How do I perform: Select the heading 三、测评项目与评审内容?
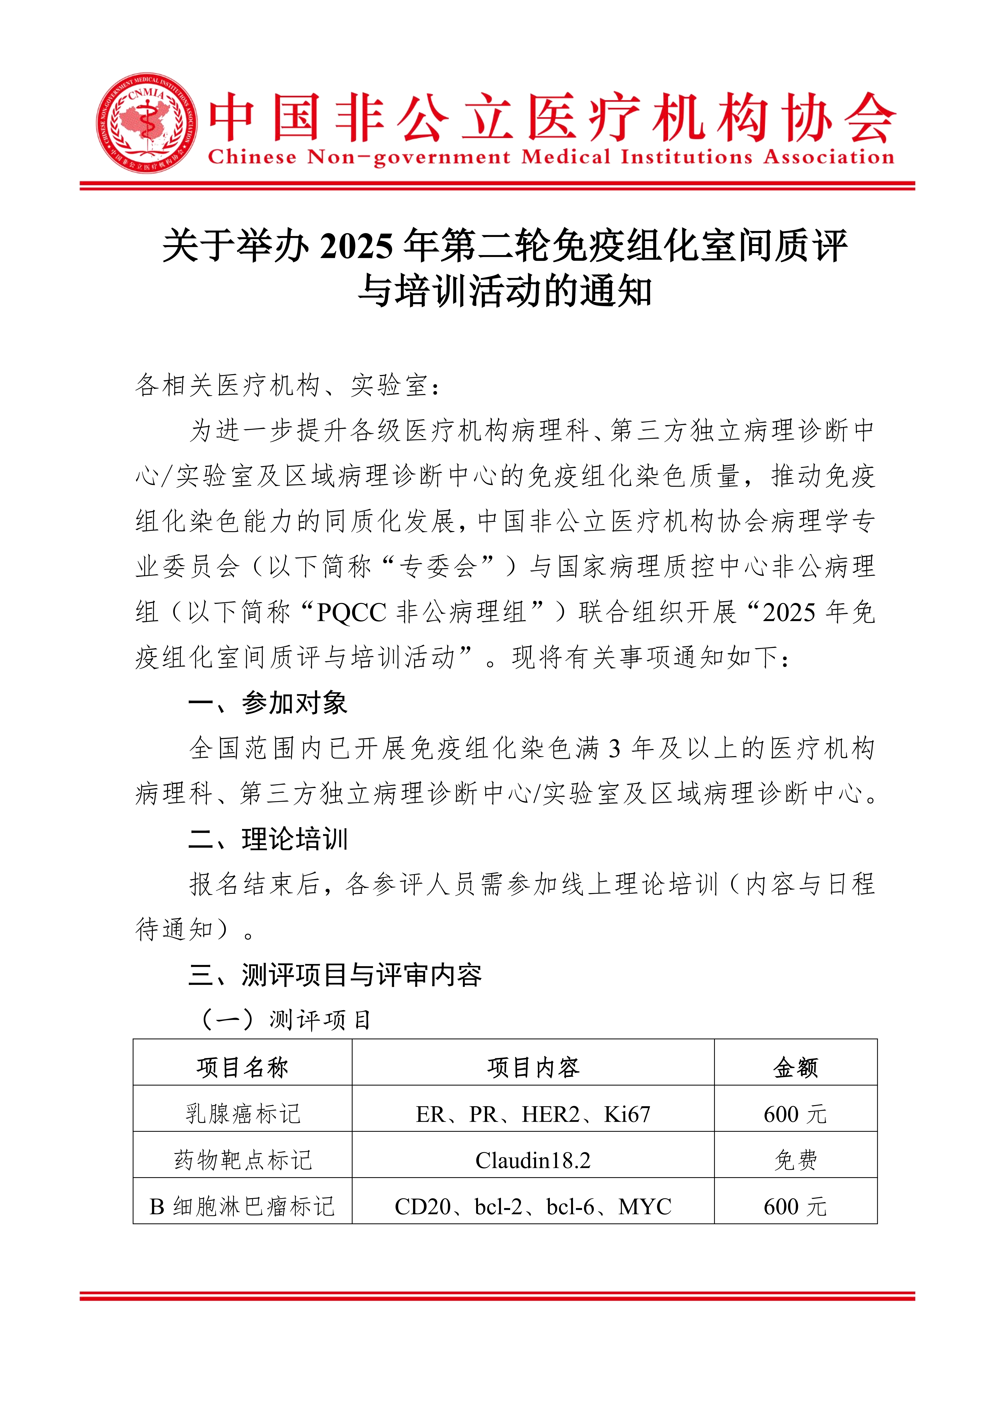click(x=335, y=975)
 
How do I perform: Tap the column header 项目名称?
click(x=242, y=1067)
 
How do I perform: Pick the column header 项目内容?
click(x=533, y=1067)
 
